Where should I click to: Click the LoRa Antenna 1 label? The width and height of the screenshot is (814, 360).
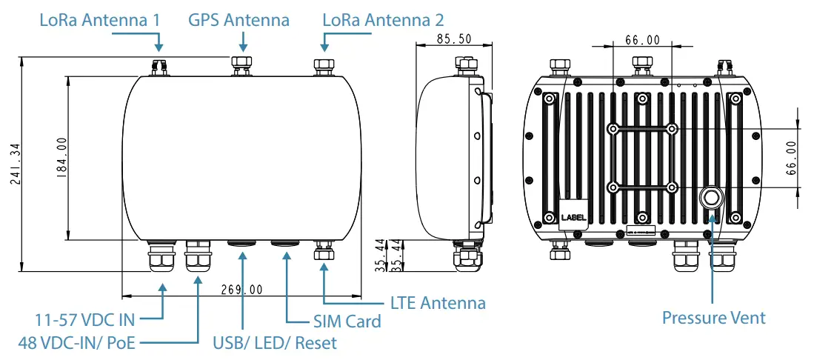pos(100,19)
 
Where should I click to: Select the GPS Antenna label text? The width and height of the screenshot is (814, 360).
pos(239,19)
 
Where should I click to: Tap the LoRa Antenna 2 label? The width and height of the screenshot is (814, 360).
pos(384,19)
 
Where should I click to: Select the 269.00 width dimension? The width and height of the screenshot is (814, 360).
pos(242,290)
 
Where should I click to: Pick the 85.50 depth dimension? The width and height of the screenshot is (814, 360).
pos(454,39)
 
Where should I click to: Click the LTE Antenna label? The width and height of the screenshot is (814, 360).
pos(438,303)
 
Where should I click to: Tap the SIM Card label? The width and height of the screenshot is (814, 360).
pos(346,321)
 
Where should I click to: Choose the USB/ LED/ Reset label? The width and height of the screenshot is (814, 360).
pos(274,343)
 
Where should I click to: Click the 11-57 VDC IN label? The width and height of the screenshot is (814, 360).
pos(86,321)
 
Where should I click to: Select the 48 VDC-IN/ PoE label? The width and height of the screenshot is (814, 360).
pos(78,343)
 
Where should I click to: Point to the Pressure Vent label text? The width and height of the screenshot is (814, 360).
pos(713,318)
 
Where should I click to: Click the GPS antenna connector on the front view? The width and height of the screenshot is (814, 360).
pos(242,64)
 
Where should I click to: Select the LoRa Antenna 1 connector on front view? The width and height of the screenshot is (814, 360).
pos(159,67)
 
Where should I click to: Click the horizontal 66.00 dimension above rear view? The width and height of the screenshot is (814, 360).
pos(642,40)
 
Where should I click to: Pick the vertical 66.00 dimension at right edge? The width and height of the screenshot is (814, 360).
pos(790,157)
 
